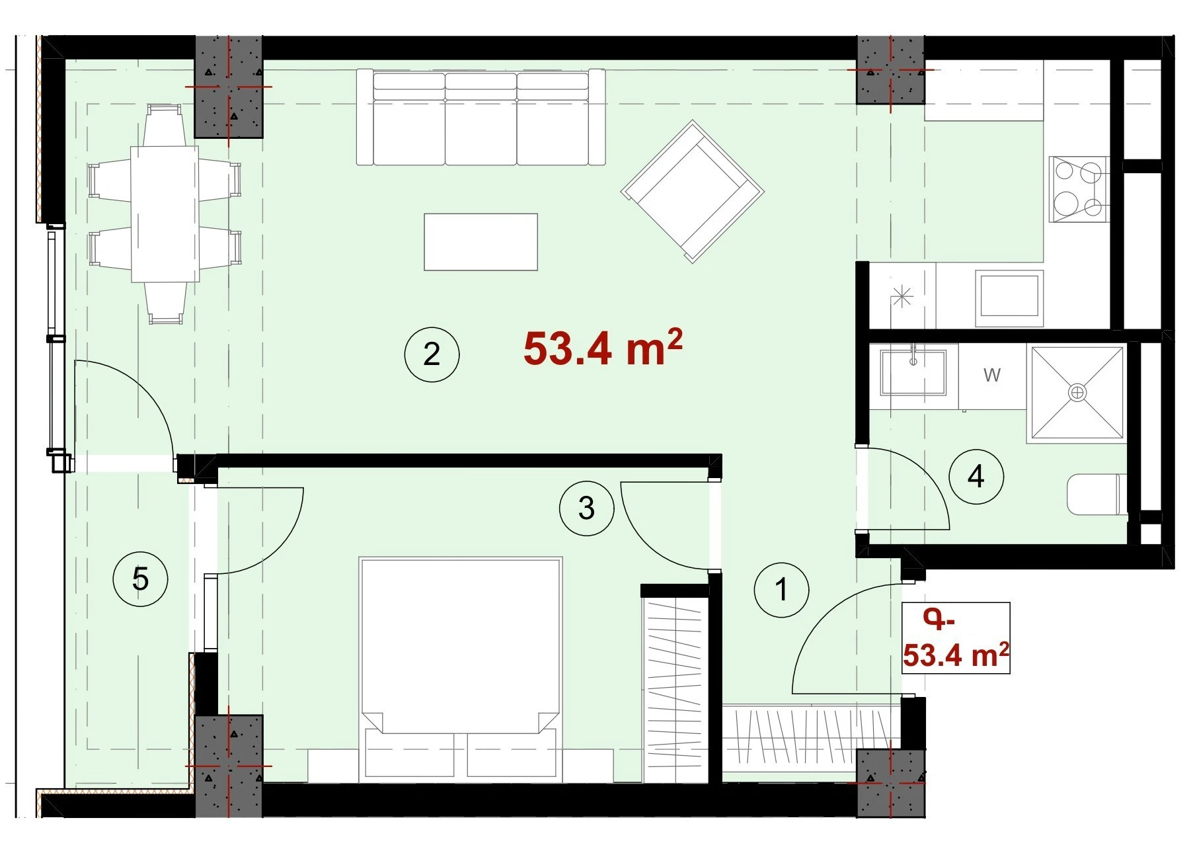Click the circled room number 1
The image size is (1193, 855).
pyautogui.click(x=781, y=589)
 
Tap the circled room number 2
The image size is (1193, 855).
pyautogui.click(x=432, y=354)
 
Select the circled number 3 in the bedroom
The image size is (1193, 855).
pyautogui.click(x=586, y=509)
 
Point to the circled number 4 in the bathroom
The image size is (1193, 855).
pyautogui.click(x=976, y=477)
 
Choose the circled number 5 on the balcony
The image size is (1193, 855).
pyautogui.click(x=140, y=579)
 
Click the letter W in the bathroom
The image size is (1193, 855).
pyautogui.click(x=991, y=375)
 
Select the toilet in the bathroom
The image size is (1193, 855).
pyautogui.click(x=1097, y=493)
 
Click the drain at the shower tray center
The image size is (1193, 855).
pyautogui.click(x=1077, y=393)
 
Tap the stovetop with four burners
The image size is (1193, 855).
pyautogui.click(x=1079, y=189)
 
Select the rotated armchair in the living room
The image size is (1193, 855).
pyautogui.click(x=692, y=191)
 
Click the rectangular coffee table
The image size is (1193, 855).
pyautogui.click(x=481, y=241)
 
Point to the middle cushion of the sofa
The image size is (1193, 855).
pyautogui.click(x=481, y=119)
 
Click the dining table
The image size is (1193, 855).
pyautogui.click(x=165, y=214)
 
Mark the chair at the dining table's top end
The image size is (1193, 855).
pyautogui.click(x=165, y=126)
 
